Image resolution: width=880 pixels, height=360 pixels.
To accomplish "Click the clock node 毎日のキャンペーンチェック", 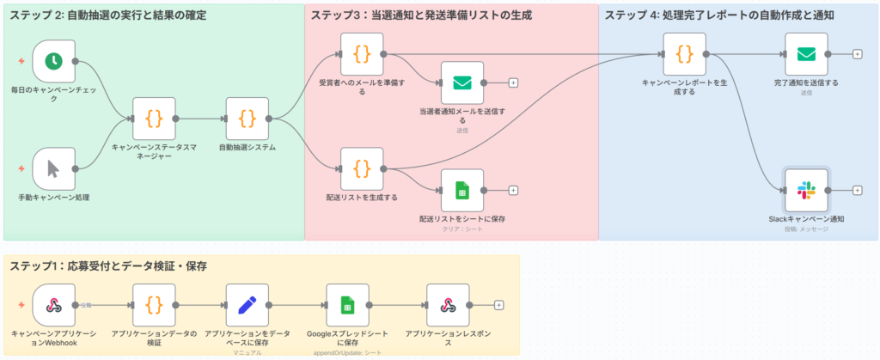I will click(53, 61).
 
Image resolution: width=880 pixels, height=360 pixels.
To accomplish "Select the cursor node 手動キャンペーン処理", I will click(53, 168).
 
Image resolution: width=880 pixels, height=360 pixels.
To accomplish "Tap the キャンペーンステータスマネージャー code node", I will click(154, 119).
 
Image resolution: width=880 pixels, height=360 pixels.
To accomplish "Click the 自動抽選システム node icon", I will click(247, 119).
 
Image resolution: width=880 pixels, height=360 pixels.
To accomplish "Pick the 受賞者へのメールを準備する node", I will click(362, 54).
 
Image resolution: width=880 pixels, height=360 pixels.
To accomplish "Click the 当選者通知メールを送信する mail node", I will click(462, 82).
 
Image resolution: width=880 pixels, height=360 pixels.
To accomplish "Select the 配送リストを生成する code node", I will click(362, 168).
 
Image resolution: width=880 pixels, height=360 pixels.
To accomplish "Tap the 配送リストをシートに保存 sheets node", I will click(462, 190).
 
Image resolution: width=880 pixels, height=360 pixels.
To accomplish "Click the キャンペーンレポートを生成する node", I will click(684, 54).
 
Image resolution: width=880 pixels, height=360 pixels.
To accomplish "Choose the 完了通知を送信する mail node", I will click(806, 54).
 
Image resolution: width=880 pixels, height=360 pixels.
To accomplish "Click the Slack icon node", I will click(806, 190).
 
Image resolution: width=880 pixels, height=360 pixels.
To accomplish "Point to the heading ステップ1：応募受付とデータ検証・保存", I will click(108, 265).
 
